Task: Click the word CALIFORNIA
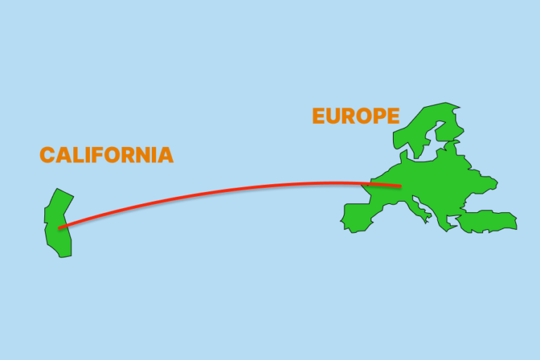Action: click(106, 155)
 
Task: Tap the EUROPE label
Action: click(356, 116)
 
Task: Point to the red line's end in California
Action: click(59, 228)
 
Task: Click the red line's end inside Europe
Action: click(400, 186)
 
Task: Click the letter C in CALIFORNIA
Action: click(47, 155)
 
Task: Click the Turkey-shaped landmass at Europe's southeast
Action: click(488, 221)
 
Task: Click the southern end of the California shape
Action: click(65, 254)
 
